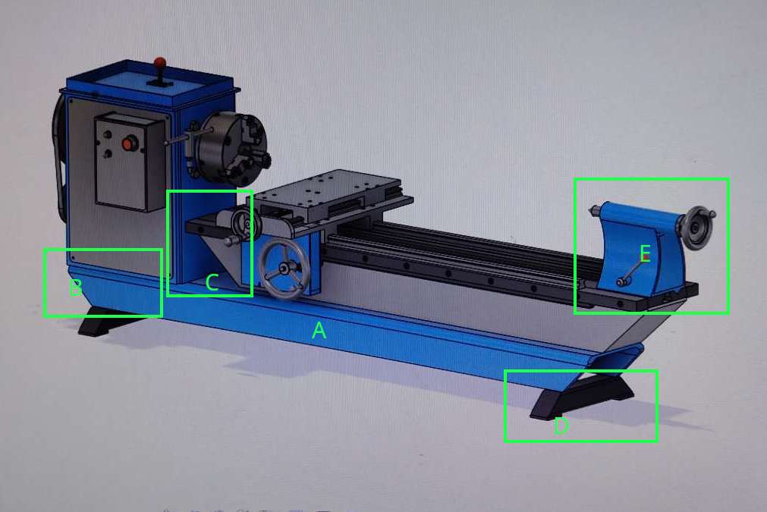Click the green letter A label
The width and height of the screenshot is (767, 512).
(319, 331)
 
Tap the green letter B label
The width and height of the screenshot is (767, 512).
(75, 288)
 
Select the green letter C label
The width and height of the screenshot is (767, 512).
(212, 283)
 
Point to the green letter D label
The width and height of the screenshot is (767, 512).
(561, 426)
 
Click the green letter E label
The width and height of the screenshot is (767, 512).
(645, 254)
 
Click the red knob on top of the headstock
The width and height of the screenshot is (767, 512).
(160, 63)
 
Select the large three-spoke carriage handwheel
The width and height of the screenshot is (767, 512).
(284, 267)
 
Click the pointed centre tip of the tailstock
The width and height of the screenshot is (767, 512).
(592, 211)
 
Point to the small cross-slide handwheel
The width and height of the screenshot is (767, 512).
(245, 225)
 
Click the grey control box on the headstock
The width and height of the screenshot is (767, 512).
(130, 162)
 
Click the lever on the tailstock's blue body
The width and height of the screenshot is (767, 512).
(630, 272)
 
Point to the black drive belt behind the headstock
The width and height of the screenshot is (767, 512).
(60, 156)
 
